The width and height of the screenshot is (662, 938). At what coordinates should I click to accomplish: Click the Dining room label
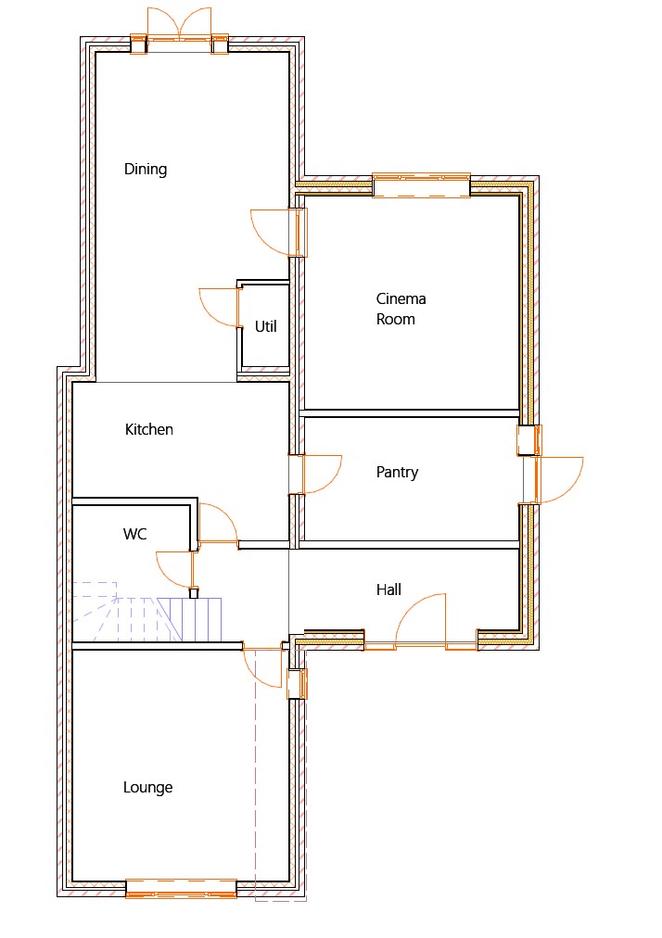pyautogui.click(x=146, y=170)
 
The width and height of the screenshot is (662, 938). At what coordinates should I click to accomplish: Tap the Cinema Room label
pyautogui.click(x=401, y=309)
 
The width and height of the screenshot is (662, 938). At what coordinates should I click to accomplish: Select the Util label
pyautogui.click(x=266, y=326)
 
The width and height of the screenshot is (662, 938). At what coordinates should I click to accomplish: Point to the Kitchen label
pyautogui.click(x=149, y=429)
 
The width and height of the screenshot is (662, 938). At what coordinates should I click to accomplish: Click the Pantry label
pyautogui.click(x=397, y=473)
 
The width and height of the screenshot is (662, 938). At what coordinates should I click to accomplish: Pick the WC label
pyautogui.click(x=134, y=534)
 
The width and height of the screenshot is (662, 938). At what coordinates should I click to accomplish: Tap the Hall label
pyautogui.click(x=388, y=589)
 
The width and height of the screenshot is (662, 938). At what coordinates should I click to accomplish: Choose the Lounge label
pyautogui.click(x=147, y=788)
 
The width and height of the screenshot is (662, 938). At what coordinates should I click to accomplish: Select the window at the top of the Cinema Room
pyautogui.click(x=421, y=185)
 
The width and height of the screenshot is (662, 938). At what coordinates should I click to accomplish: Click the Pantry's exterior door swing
pyautogui.click(x=560, y=480)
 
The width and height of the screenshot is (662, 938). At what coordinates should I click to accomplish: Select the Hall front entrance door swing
pyautogui.click(x=420, y=620)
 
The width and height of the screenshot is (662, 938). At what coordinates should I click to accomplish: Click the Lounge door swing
pyautogui.click(x=262, y=667)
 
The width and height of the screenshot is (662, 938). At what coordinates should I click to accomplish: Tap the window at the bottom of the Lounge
pyautogui.click(x=182, y=888)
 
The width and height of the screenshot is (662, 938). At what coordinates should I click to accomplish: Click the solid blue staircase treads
pyautogui.click(x=190, y=620)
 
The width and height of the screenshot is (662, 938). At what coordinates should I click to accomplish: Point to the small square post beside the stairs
pyautogui.click(x=194, y=593)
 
